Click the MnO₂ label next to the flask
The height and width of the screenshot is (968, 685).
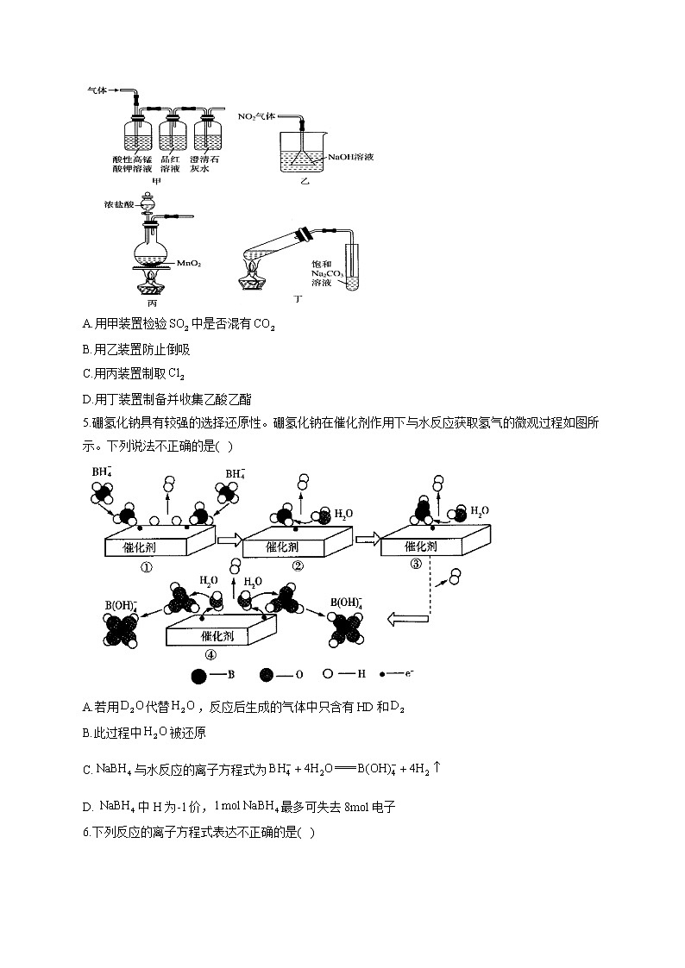190,263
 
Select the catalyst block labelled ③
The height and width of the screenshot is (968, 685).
428,546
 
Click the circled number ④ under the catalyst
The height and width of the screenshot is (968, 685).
211,653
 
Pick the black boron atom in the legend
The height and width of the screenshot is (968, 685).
198,678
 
